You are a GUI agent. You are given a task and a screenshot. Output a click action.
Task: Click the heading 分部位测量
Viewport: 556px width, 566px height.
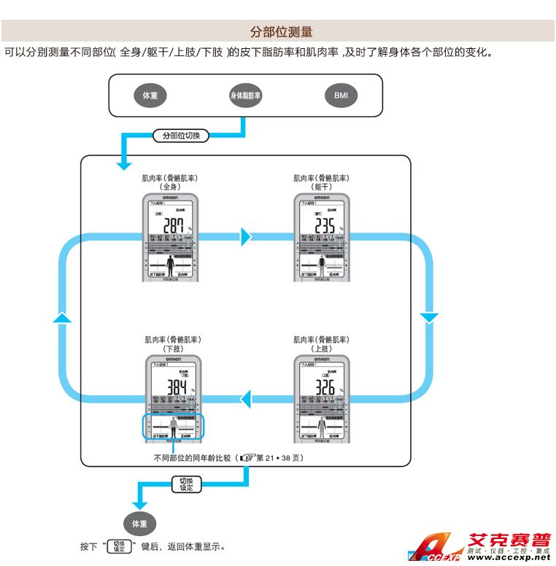pos(281,31)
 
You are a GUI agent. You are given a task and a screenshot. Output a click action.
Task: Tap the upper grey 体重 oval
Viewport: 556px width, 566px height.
pos(150,96)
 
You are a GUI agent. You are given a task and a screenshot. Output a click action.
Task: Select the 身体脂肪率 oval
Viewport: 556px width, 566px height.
pos(245,96)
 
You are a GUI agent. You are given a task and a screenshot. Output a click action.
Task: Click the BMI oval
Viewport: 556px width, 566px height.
pos(341,96)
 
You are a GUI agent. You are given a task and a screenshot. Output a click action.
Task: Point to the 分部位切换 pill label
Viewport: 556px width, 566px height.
pos(180,136)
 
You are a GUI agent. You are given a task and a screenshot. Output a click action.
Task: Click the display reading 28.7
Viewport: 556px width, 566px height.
pos(174,225)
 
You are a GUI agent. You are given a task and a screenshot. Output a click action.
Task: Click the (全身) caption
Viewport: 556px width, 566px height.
pos(169,187)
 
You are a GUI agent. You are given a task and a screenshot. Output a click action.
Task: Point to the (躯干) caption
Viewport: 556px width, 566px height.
pos(321,187)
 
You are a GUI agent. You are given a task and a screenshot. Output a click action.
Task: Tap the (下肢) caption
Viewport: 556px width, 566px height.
pos(172,349)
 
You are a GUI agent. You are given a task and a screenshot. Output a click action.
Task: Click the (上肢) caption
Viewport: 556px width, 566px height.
pos(321,349)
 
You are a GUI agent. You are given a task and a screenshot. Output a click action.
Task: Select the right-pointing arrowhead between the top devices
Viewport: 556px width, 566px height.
pos(246,236)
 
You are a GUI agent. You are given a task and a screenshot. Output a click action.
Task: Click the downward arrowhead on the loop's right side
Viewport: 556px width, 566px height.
pos(429,317)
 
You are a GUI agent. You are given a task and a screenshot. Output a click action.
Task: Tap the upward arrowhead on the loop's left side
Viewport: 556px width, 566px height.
pos(63,317)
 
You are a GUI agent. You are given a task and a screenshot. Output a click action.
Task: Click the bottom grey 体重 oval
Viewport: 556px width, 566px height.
pos(139,524)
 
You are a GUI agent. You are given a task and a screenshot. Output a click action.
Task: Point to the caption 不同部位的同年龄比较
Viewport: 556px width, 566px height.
pos(192,458)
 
